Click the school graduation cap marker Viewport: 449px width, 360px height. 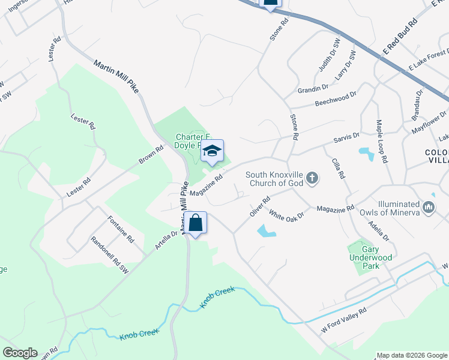pyautogui.click(x=212, y=151)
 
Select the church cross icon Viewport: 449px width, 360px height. pyautogui.click(x=311, y=177)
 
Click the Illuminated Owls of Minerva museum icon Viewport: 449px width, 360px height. pyautogui.click(x=429, y=208)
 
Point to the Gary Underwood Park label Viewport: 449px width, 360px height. pyautogui.click(x=378, y=253)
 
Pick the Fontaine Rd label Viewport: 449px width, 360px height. pyautogui.click(x=121, y=229)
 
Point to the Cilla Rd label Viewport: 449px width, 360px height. pyautogui.click(x=337, y=167)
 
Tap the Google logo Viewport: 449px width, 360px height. pyautogui.click(x=20, y=353)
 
